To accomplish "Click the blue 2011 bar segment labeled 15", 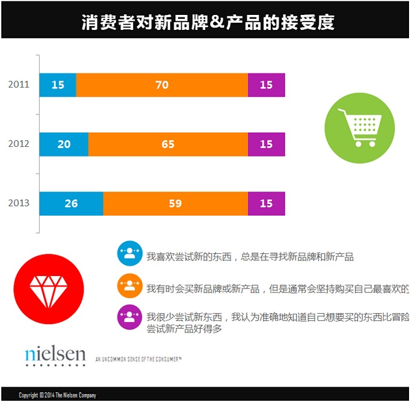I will pyautogui.click(x=58, y=85).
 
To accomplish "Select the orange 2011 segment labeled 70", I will pyautogui.click(x=162, y=85).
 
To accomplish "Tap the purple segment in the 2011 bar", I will pyautogui.click(x=266, y=85).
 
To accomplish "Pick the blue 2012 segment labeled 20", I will pyautogui.click(x=64, y=144).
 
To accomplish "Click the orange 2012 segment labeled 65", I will pyautogui.click(x=168, y=144).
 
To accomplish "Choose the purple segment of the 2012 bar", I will pyautogui.click(x=266, y=144).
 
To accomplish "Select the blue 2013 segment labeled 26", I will pyautogui.click(x=71, y=203).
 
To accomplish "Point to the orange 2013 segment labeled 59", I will pyautogui.click(x=175, y=203).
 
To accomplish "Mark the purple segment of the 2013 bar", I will pyautogui.click(x=266, y=203).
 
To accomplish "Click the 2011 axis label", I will pyautogui.click(x=19, y=84).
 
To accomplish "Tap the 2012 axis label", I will pyautogui.click(x=19, y=144).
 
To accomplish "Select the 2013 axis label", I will pyautogui.click(x=19, y=203).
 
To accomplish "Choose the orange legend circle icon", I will pyautogui.click(x=130, y=286).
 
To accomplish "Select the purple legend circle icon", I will pyautogui.click(x=130, y=318).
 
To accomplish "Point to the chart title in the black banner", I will pyautogui.click(x=208, y=22).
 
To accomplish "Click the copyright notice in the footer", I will pyautogui.click(x=58, y=395).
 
